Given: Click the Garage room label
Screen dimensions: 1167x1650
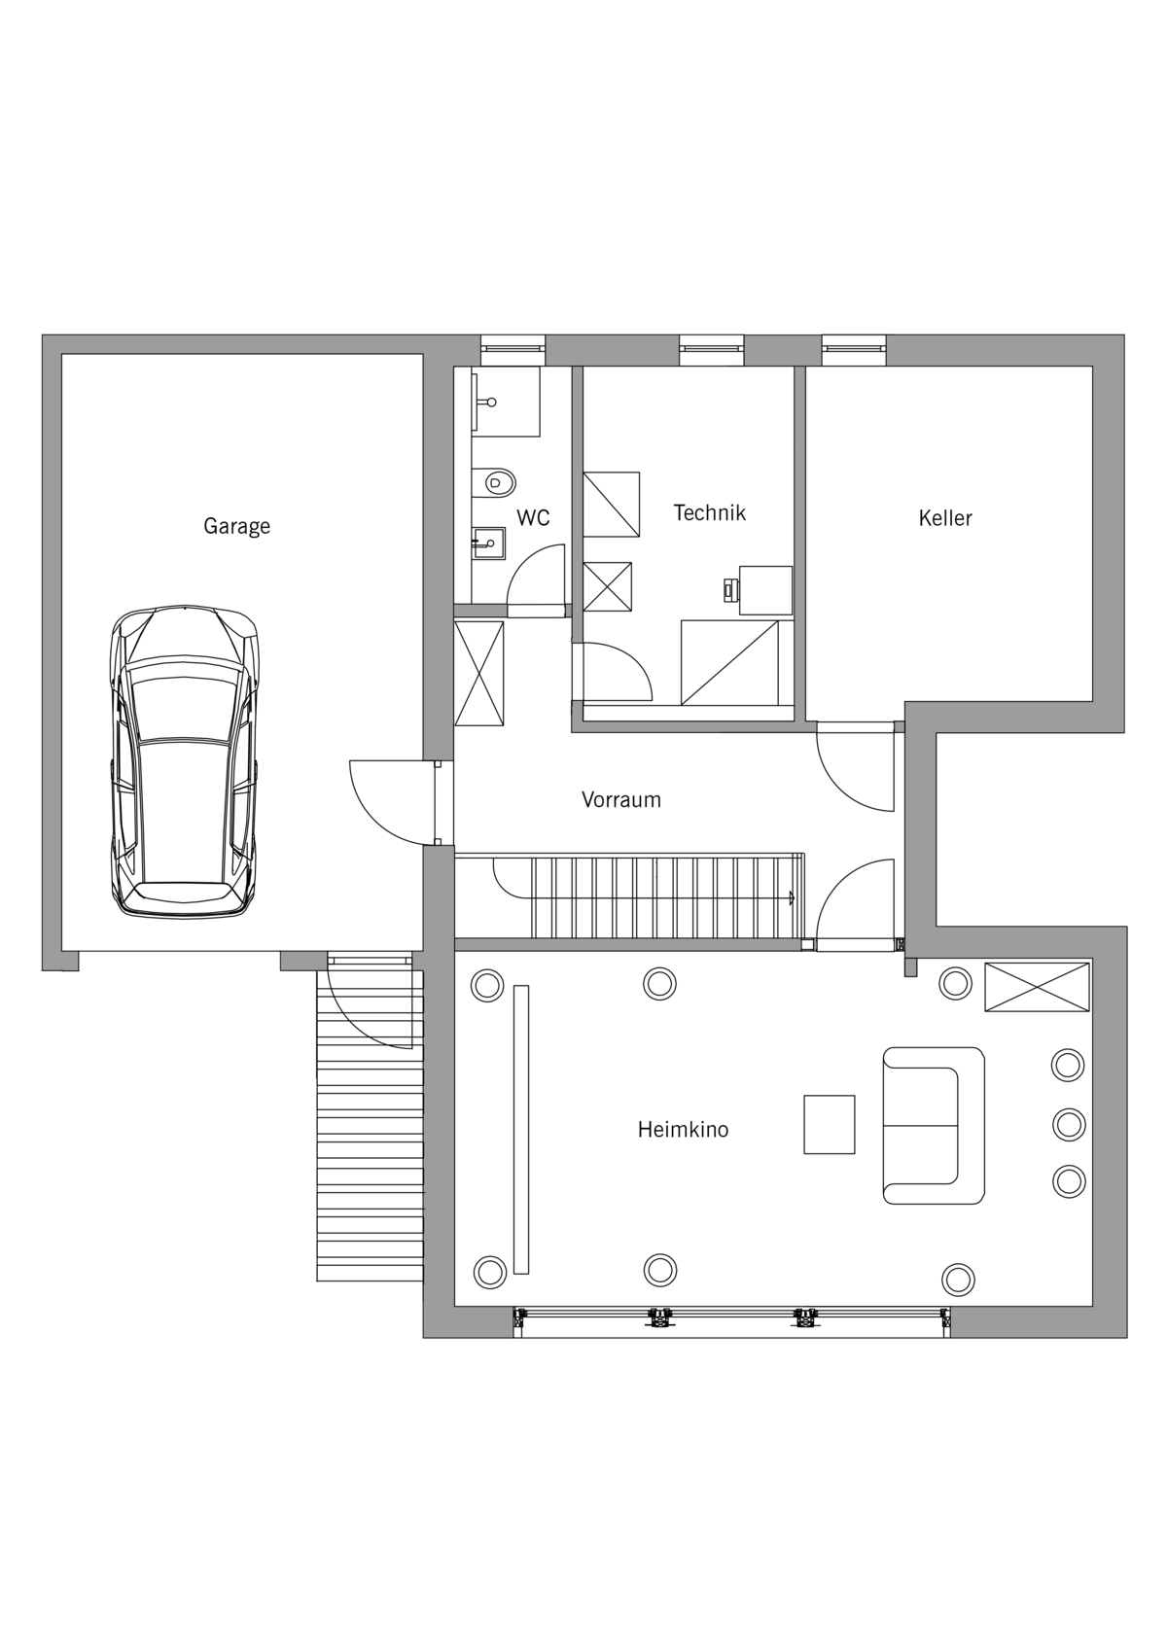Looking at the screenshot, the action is point(236,527).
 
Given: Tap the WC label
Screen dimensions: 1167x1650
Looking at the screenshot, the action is point(533,518).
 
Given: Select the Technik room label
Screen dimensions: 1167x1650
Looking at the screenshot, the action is point(710,512).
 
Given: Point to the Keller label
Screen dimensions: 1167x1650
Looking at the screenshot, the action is point(945,518).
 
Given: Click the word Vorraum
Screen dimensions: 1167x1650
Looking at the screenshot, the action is point(621,799).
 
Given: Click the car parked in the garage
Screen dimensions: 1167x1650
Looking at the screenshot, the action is point(184,761).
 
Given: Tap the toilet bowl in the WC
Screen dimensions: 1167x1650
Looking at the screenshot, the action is point(495,483).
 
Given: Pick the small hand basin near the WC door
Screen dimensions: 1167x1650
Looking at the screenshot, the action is point(489,543).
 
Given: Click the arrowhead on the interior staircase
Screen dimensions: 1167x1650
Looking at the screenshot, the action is point(792,897).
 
